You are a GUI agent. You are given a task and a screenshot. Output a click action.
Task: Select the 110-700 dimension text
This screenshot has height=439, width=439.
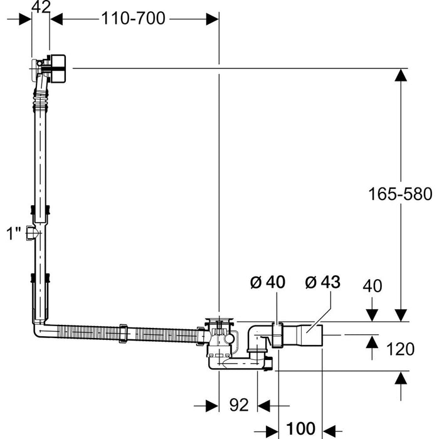tap(133, 19)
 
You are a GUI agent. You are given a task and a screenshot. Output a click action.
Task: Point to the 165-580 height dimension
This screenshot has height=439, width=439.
tap(399, 194)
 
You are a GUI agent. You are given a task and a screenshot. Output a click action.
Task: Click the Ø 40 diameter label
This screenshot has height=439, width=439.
tap(268, 282)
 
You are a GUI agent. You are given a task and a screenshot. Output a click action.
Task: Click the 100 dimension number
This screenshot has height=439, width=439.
tap(300, 429)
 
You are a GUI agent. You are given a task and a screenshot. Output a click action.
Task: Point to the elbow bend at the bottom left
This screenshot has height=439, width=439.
tap(38, 329)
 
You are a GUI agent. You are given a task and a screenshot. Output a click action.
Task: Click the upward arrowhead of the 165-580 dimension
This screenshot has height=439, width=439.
tap(399, 75)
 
